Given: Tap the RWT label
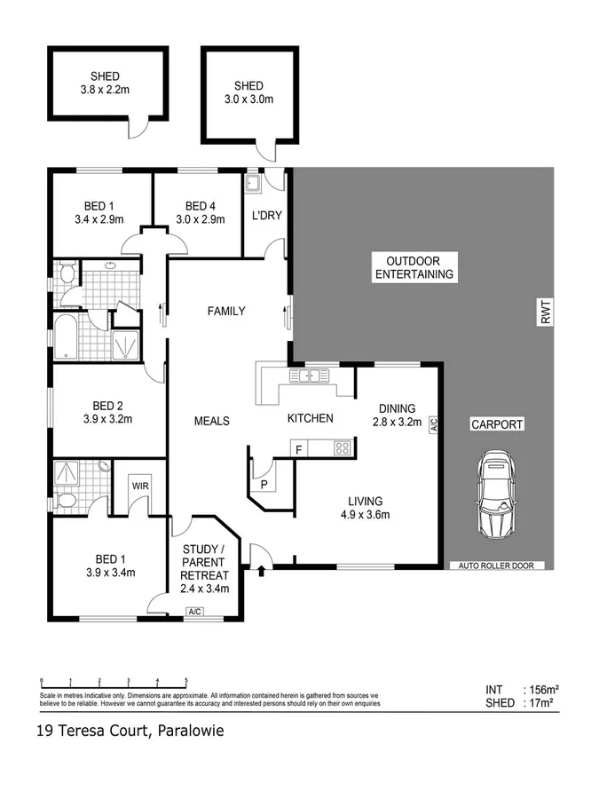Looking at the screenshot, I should (547, 312).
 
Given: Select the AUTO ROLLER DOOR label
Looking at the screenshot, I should (496, 565).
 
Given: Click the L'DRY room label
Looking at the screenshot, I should (266, 216).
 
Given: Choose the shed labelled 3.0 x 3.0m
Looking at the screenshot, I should (248, 92).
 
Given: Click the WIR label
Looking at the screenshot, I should (140, 486).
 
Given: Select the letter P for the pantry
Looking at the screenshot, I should (264, 483).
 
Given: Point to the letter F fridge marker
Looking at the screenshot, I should (299, 450).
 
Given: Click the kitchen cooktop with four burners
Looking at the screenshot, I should (342, 449).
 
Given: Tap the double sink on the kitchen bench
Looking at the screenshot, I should (311, 376).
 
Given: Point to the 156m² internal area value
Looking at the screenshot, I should (540, 689).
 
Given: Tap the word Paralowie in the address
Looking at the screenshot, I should (190, 732).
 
